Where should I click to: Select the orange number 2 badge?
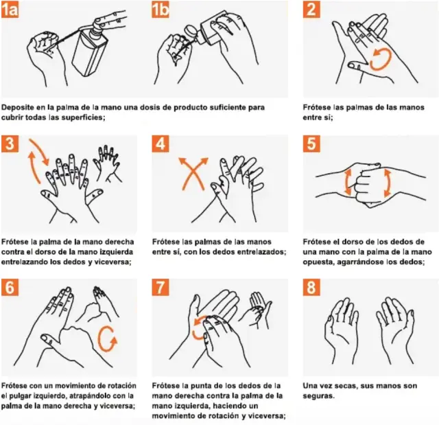pos(312,10)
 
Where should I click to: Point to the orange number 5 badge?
pos(312,144)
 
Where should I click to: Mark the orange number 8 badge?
pos(312,288)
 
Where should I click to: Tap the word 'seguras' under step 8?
pos(319,396)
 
